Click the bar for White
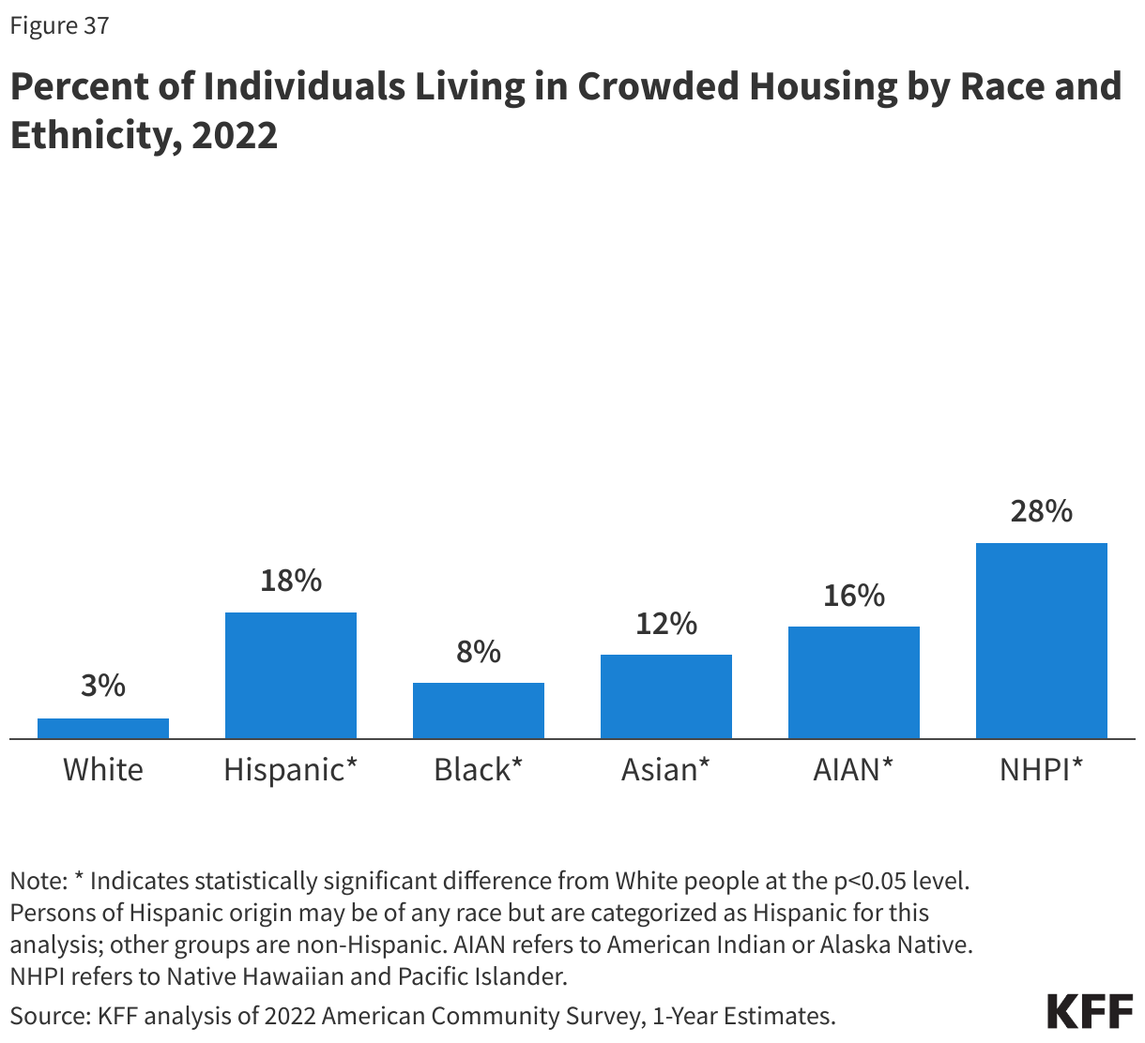[103, 728]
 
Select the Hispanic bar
[291, 675]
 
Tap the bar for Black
[479, 710]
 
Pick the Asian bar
[666, 696]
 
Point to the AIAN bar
[854, 682]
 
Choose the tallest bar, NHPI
[1042, 641]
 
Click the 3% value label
[103, 686]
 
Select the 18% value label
[291, 581]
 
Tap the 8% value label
[479, 651]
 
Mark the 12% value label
[666, 623]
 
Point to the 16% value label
[854, 595]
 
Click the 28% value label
[1042, 511]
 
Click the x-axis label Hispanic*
[291, 770]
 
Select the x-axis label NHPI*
[1042, 770]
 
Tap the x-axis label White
[103, 770]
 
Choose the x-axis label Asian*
[666, 770]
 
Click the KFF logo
[1090, 1012]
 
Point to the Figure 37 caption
[59, 25]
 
